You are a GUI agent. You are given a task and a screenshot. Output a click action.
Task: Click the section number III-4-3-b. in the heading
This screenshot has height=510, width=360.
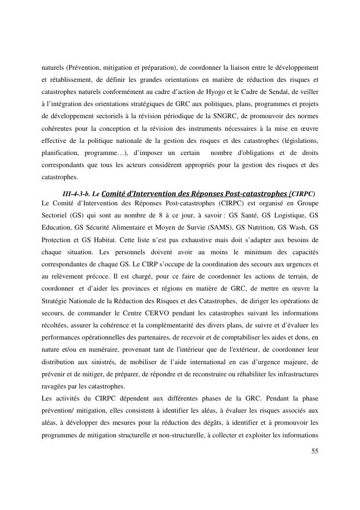79,194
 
